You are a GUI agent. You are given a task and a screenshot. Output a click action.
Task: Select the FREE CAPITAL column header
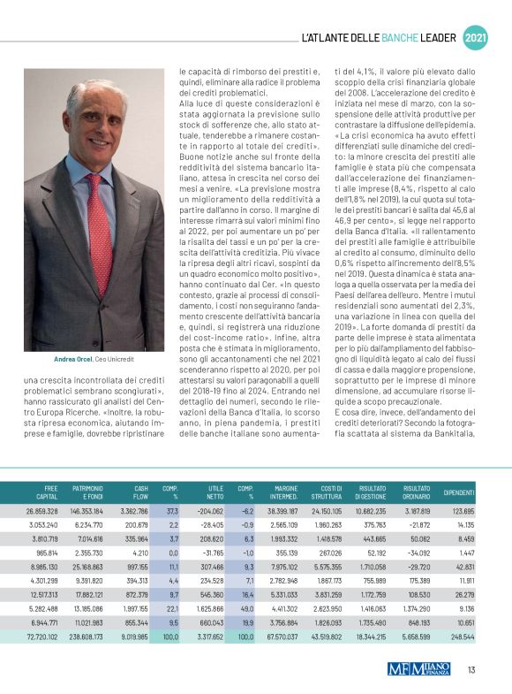point(44,492)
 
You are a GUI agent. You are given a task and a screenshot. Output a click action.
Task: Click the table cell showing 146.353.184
point(87,512)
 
